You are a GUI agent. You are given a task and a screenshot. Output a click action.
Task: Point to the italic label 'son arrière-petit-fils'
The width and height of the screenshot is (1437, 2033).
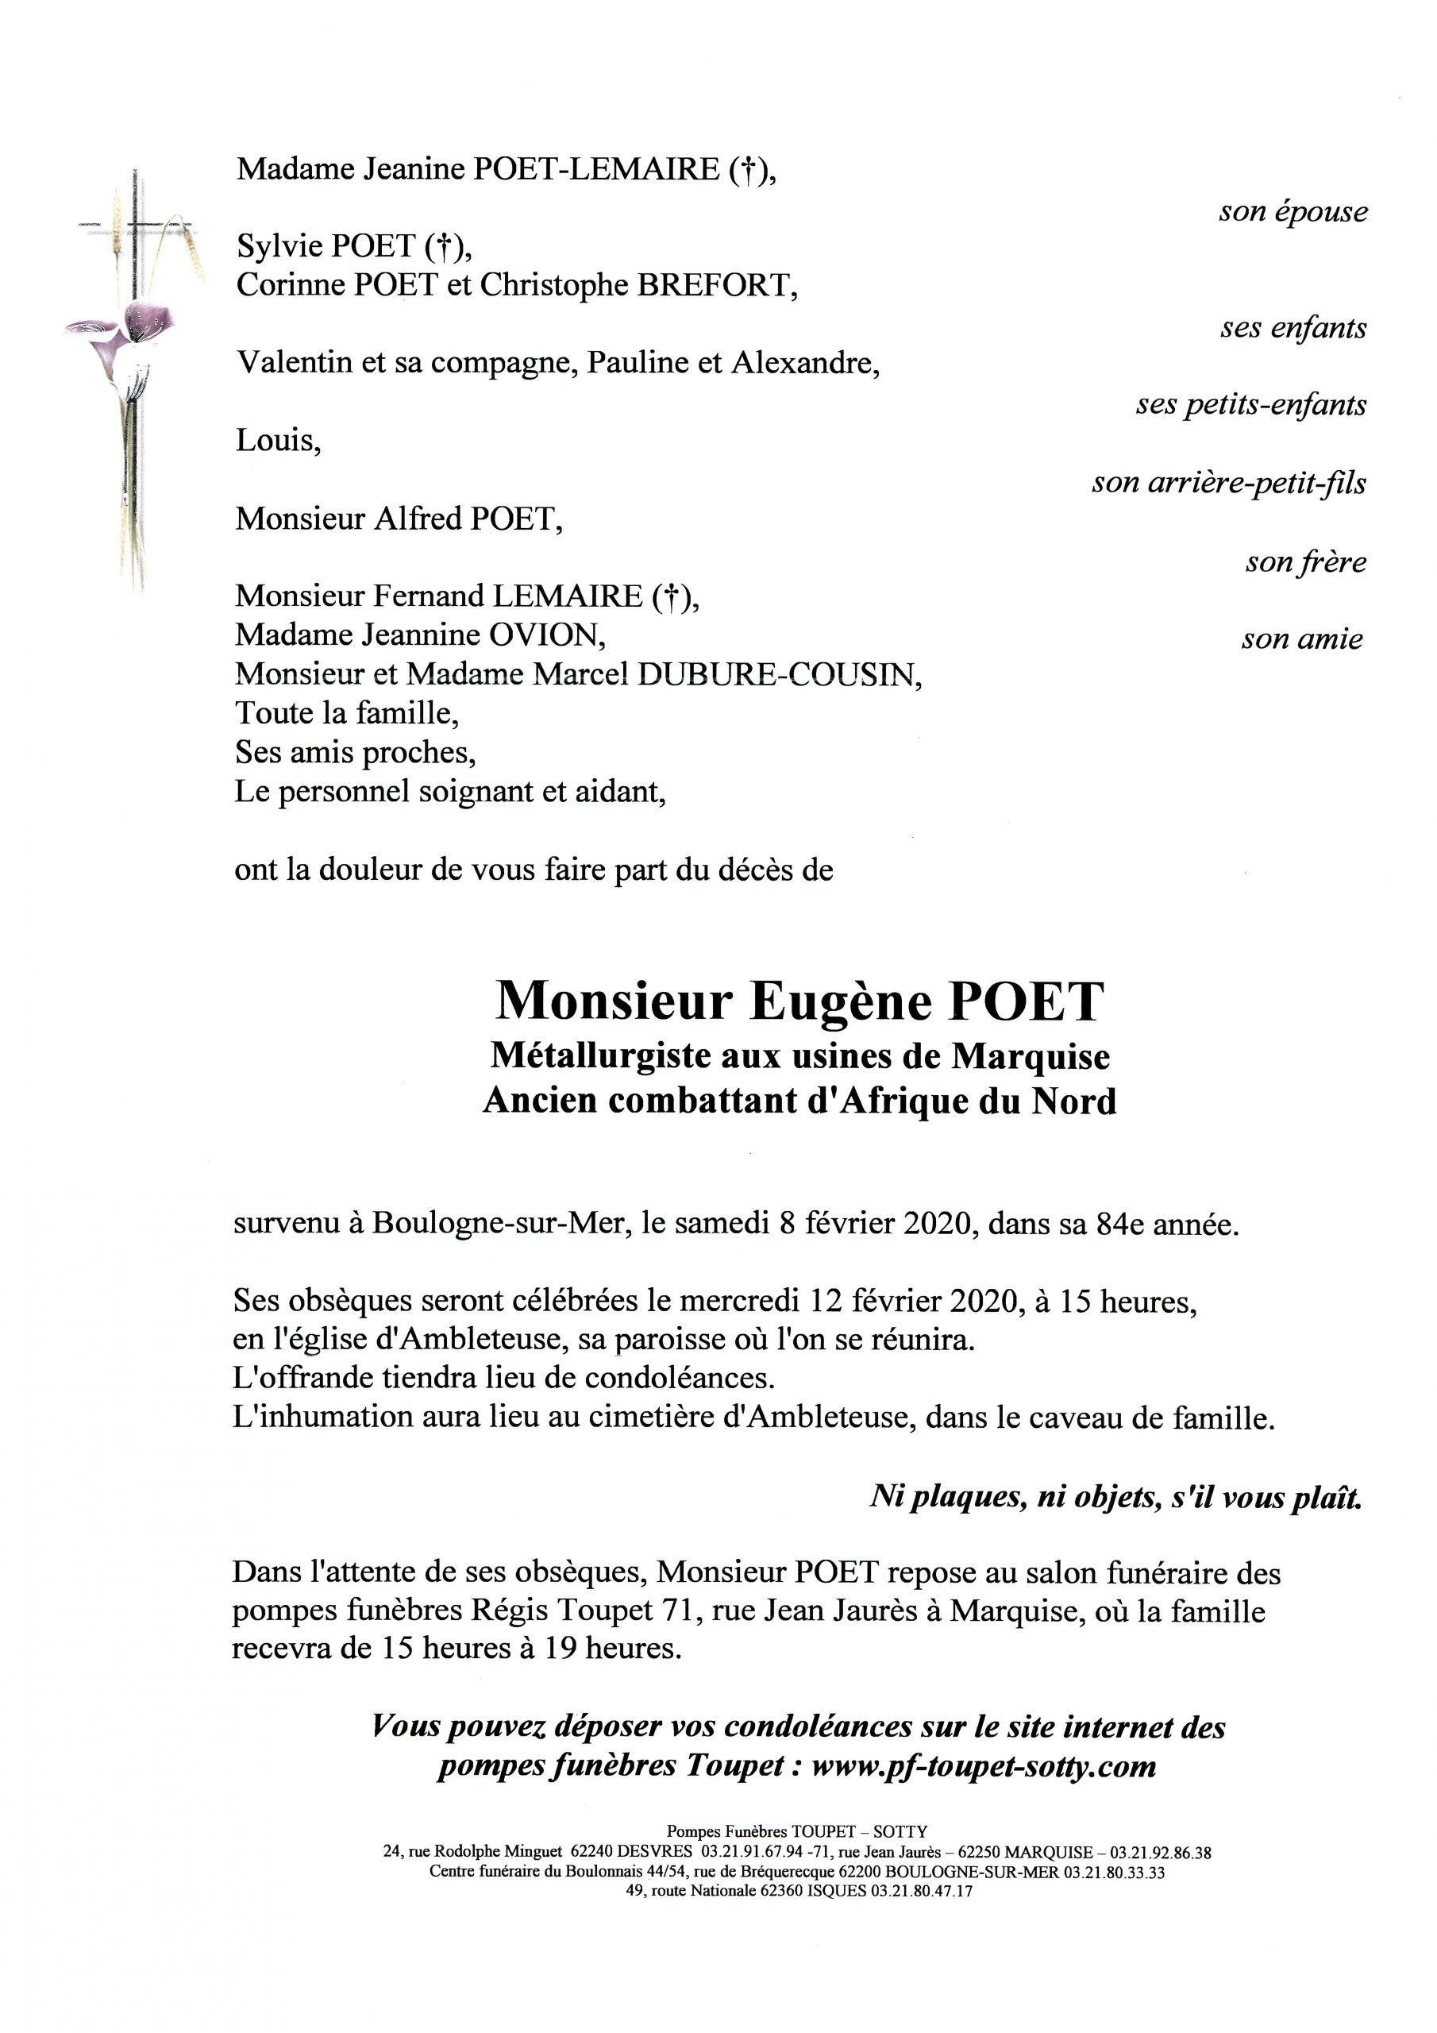click(x=1228, y=484)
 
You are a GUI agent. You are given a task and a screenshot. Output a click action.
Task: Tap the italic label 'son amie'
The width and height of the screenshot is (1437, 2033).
click(x=1300, y=639)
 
